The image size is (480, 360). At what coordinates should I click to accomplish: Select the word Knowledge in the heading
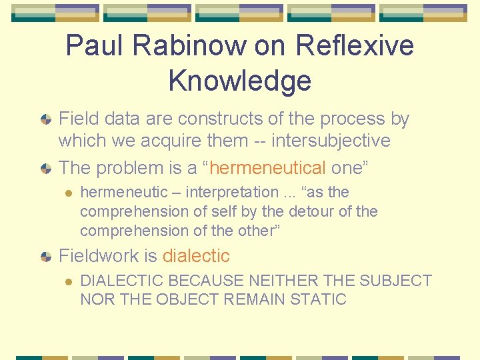(x=240, y=80)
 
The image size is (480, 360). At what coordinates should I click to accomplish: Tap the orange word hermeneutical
(x=268, y=168)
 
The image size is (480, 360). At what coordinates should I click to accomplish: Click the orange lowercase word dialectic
(x=196, y=256)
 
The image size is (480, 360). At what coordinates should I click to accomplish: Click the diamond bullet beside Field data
(x=45, y=120)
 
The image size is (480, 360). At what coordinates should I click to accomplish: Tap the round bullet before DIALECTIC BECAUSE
(x=67, y=281)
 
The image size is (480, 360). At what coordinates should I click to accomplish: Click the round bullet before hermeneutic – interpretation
(x=67, y=193)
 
